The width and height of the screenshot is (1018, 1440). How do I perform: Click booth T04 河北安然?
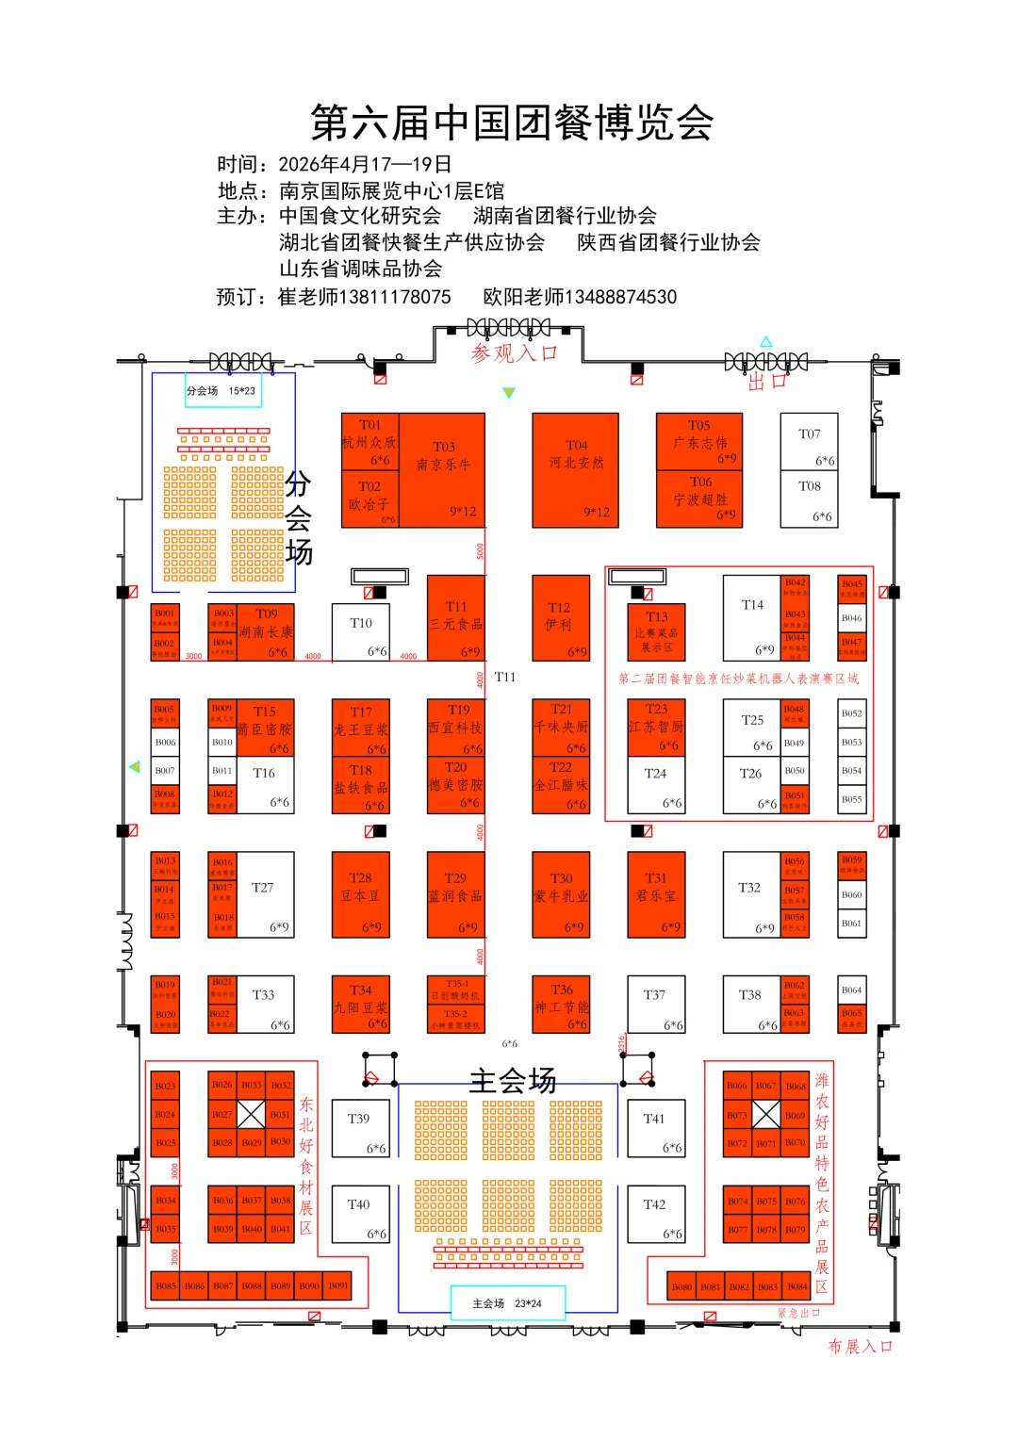tap(575, 469)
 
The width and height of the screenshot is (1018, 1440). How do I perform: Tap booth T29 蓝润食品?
tap(456, 894)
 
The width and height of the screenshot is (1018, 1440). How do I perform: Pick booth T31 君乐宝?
tap(656, 894)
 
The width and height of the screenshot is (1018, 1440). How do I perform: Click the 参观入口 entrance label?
tap(515, 353)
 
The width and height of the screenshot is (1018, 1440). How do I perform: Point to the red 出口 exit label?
tap(766, 382)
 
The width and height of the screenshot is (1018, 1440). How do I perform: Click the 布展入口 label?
tap(860, 1347)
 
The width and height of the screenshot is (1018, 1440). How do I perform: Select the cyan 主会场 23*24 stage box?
tap(507, 1303)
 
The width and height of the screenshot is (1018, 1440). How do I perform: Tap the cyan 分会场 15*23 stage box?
tap(222, 390)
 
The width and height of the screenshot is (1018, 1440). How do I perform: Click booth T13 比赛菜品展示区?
tap(656, 632)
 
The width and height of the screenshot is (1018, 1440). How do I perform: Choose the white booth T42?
tap(655, 1213)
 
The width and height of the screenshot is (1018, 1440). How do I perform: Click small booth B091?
tap(338, 1285)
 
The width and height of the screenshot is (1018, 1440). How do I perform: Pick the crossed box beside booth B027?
tap(251, 1114)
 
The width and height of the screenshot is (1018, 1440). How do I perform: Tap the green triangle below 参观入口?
tap(509, 392)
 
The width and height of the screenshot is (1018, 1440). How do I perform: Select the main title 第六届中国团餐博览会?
tap(512, 123)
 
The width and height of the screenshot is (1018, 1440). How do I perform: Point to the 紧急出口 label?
tap(798, 1313)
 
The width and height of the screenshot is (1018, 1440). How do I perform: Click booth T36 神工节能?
tap(562, 1005)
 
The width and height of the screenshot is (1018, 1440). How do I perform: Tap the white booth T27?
tap(264, 894)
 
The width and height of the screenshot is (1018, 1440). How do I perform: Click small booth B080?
tap(681, 1286)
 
